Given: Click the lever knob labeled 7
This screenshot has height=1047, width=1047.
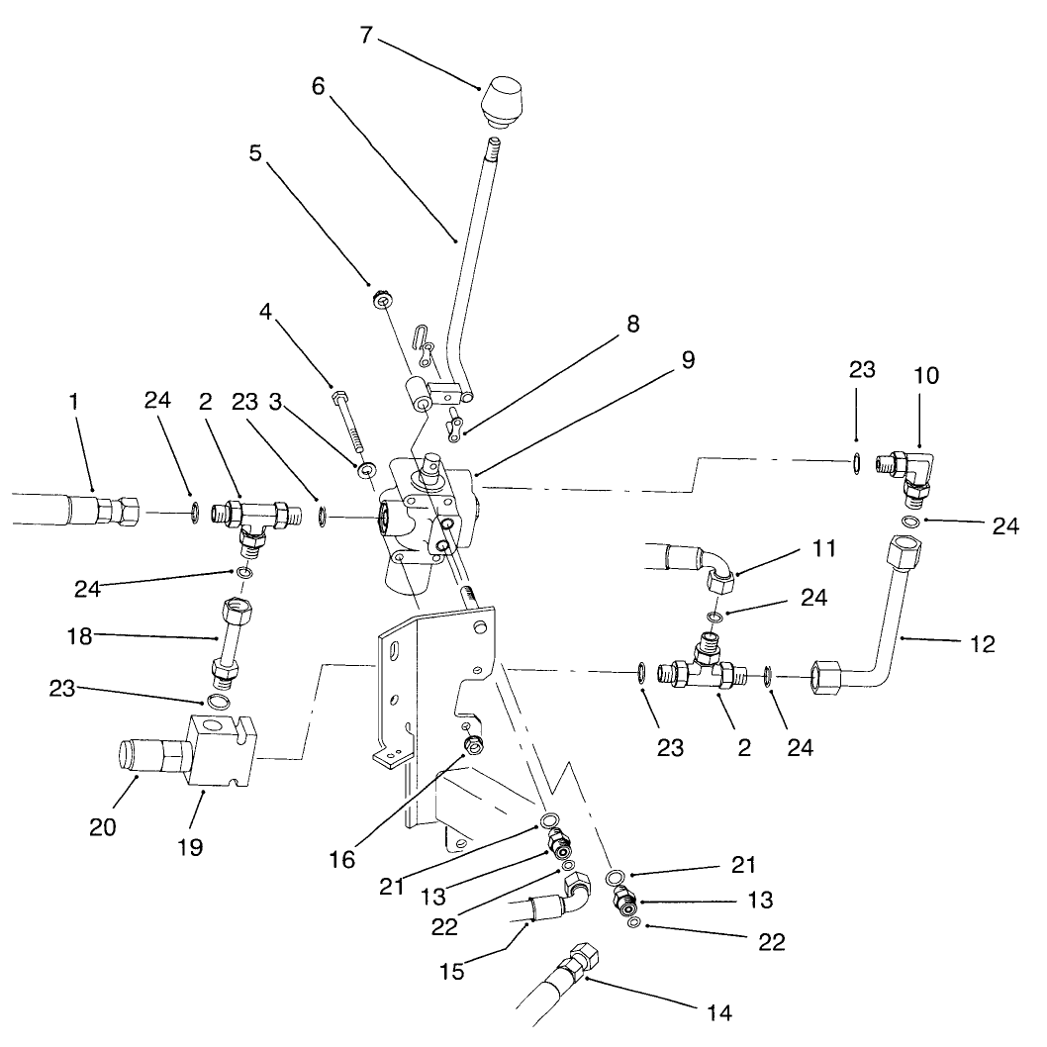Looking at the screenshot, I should tap(505, 104).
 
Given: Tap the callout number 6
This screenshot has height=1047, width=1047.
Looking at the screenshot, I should tap(318, 86).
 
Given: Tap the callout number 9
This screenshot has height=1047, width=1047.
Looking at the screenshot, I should tap(687, 360).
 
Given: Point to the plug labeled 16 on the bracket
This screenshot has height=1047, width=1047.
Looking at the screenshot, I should tap(474, 744).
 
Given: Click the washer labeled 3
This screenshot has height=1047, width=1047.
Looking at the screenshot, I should tap(367, 467).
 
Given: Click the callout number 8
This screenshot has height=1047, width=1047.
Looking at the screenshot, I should tap(632, 325).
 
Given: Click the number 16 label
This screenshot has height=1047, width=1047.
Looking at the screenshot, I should tap(342, 859).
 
